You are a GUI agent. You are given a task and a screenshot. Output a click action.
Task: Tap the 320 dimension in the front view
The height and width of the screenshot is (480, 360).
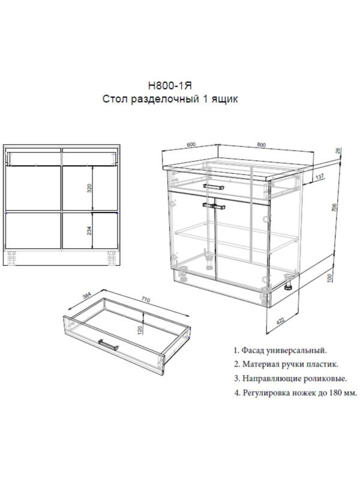click(x=89, y=188)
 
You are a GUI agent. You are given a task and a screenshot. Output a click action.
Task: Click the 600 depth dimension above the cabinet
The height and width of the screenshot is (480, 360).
click(x=191, y=145)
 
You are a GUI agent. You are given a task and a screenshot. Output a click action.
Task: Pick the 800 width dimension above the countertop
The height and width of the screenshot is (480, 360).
click(x=261, y=145)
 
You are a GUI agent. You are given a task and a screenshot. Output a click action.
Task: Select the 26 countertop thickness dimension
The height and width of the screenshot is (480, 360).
click(x=338, y=152)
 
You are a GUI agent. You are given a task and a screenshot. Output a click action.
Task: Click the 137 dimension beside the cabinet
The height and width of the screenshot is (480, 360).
click(x=320, y=176)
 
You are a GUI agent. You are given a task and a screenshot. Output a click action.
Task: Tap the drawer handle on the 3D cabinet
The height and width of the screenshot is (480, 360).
click(x=212, y=187)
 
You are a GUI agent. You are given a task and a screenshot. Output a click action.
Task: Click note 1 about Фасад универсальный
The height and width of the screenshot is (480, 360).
click(x=280, y=350)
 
